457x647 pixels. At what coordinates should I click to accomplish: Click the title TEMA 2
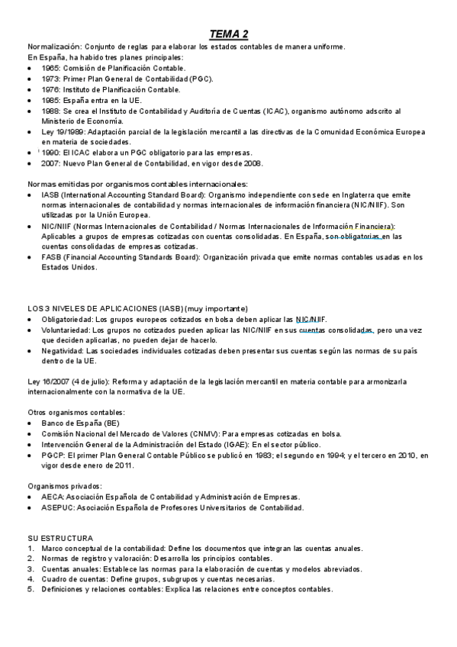point(229,34)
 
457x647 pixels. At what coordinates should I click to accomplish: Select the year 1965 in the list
point(51,68)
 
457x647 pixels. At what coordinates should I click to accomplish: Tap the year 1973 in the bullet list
point(51,79)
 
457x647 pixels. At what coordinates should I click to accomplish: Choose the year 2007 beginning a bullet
point(51,163)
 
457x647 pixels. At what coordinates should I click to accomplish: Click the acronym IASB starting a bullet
point(51,195)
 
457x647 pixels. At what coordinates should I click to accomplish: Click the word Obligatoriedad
point(66,319)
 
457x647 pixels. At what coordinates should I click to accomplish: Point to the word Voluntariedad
point(66,330)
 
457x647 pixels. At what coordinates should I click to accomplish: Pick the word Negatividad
point(63,350)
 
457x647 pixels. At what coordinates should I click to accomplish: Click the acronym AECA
point(53,496)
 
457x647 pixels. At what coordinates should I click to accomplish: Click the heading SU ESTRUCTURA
point(60,537)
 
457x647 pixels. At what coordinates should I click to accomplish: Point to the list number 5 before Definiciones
point(30,589)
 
